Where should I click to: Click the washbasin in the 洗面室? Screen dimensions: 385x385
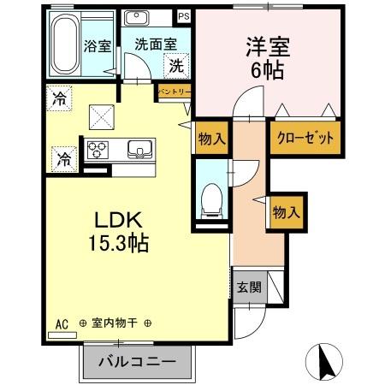click(137, 18)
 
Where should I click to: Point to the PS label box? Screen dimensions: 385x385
click(183, 16)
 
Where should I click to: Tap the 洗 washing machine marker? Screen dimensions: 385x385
click(175, 64)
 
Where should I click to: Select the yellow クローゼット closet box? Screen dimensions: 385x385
click(302, 138)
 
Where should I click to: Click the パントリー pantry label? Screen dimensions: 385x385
click(172, 89)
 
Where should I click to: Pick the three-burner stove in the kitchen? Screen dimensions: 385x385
click(97, 148)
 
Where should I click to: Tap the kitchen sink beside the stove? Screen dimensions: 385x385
click(138, 150)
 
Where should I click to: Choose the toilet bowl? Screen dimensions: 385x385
click(208, 199)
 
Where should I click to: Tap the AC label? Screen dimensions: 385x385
click(61, 323)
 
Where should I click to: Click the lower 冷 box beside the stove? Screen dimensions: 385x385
click(63, 157)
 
